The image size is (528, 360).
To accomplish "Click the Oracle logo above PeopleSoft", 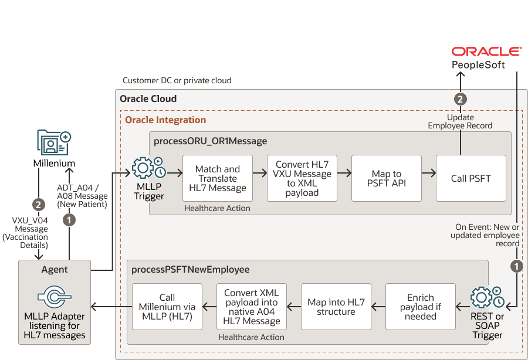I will [486, 52].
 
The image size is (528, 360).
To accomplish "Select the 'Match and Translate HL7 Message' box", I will [218, 178].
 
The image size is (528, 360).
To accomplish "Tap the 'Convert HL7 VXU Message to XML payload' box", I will [302, 178].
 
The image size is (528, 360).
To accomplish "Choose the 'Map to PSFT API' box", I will [387, 178].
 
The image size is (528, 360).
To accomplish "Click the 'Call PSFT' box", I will [471, 178].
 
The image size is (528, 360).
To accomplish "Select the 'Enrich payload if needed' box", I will [421, 307].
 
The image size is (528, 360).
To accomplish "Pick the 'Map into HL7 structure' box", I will [336, 307].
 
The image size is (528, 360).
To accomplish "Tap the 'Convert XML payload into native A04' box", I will [252, 307].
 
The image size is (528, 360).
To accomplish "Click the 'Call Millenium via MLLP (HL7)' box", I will [167, 307].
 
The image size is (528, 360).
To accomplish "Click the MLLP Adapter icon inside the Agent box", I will [54, 297].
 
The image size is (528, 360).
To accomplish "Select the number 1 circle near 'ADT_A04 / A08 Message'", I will [69, 220].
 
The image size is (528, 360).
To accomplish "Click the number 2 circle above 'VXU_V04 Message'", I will [39, 205].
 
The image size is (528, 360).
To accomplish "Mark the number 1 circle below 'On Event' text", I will [517, 266].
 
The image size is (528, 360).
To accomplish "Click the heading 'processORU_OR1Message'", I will [210, 141].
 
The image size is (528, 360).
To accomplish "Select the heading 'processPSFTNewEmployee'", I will [191, 270].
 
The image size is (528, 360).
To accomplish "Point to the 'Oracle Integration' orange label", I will [165, 120].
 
